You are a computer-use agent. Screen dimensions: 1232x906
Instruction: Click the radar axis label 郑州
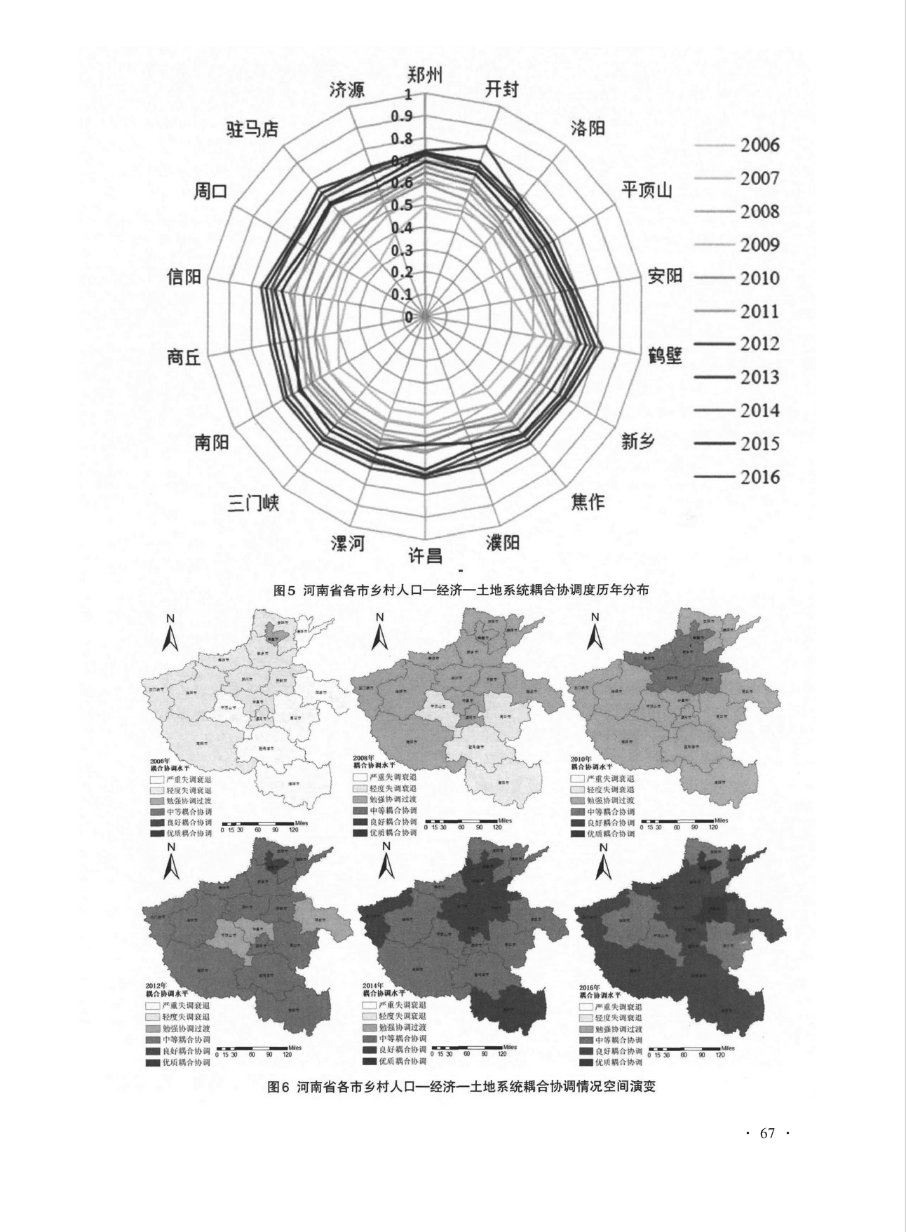pyautogui.click(x=425, y=75)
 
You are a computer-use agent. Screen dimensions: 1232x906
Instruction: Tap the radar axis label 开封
pyautogui.click(x=502, y=89)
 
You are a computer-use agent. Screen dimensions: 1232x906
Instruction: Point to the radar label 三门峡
pyautogui.click(x=253, y=503)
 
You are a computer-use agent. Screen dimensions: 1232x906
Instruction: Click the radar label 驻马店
pyautogui.click(x=252, y=129)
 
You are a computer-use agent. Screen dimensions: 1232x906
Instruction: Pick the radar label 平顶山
pyautogui.click(x=647, y=189)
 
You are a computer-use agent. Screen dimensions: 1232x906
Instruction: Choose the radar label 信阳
pyautogui.click(x=184, y=277)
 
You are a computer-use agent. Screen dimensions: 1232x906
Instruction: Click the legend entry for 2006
pyautogui.click(x=759, y=145)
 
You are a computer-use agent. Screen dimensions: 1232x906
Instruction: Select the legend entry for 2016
pyautogui.click(x=759, y=477)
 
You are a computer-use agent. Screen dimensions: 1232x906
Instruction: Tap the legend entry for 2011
pyautogui.click(x=759, y=311)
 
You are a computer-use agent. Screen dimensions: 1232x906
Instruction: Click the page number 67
pyautogui.click(x=767, y=1133)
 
